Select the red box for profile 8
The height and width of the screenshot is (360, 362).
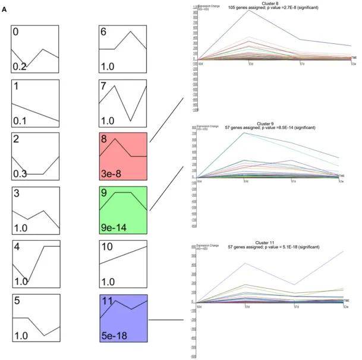click(123, 156)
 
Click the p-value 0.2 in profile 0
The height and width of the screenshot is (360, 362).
click(20, 67)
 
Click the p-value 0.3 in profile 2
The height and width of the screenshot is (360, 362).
click(20, 173)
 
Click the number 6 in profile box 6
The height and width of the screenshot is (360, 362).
click(104, 34)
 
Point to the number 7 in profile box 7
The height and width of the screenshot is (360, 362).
click(104, 87)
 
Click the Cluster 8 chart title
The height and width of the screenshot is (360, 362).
click(271, 4)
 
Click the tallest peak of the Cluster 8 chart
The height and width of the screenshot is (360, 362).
click(248, 10)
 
